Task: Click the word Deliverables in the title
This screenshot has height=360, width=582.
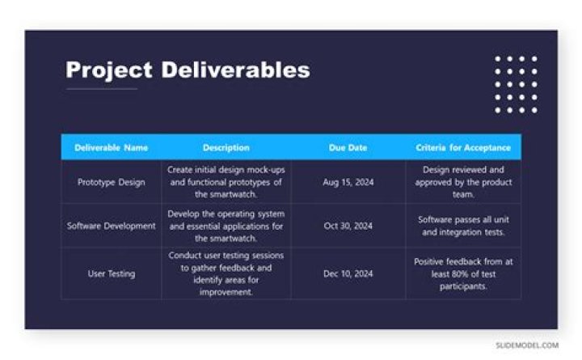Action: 235,70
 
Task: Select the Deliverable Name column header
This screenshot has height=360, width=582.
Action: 112,148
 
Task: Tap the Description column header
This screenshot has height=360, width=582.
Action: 226,148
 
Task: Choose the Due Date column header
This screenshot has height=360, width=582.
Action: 348,148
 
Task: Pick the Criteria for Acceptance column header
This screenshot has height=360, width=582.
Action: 463,148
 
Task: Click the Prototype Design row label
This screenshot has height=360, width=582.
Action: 112,182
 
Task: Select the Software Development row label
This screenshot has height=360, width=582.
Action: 112,226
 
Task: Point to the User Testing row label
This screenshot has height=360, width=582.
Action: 112,273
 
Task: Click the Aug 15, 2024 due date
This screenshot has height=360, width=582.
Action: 348,182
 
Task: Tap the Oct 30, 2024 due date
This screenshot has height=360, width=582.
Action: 348,226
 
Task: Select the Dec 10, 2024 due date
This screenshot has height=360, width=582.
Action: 348,273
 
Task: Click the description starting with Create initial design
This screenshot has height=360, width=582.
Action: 226,182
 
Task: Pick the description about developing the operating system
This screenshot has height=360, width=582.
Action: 226,226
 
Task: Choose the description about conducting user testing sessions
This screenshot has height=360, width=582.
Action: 226,273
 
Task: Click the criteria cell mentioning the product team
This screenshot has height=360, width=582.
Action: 463,182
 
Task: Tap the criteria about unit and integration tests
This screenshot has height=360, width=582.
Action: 463,226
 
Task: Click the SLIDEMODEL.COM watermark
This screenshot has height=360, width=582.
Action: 527,345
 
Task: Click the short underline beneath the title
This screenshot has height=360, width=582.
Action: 101,88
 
